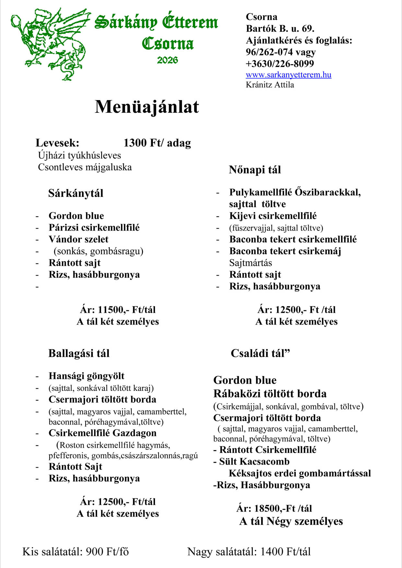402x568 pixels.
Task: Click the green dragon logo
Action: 50,44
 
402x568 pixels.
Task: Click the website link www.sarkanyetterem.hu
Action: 288,75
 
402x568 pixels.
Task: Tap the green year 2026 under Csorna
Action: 167,60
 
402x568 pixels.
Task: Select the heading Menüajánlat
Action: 147,107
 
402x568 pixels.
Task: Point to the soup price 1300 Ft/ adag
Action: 157,143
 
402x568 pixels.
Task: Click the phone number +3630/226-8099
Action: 280,63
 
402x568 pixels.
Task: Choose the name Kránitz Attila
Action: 270,85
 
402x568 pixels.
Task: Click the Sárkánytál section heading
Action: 76,193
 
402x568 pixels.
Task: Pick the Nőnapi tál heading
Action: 255,170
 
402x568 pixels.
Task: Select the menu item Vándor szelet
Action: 78,239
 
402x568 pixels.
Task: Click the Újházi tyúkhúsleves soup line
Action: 79,155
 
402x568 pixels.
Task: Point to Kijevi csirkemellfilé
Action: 273,216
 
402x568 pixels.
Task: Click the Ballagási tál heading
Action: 79,353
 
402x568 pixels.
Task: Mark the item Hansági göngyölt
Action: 86,376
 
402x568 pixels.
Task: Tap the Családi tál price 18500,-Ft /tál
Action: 274,508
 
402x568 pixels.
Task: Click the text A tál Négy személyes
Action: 291,521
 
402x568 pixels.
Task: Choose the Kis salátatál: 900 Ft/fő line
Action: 76,552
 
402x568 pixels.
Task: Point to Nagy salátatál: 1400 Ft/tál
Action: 249,552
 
